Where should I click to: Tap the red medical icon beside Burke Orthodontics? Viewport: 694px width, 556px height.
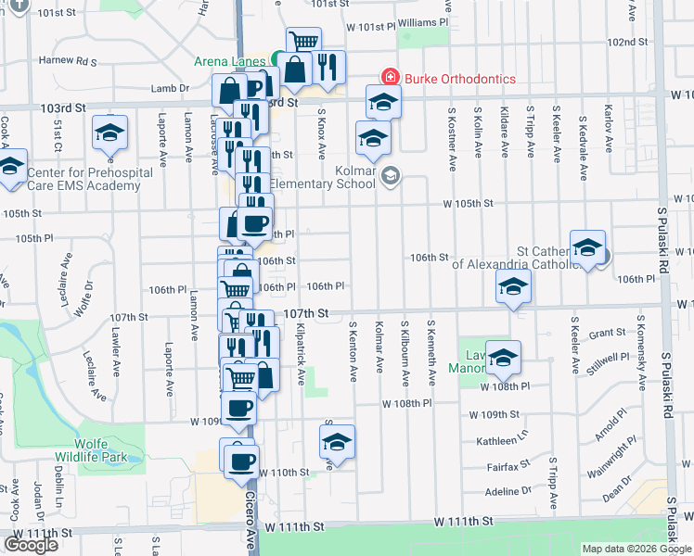391,79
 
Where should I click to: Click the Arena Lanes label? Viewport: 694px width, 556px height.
229,62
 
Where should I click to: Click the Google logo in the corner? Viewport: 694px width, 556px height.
31,544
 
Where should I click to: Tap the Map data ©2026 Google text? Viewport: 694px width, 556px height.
636,549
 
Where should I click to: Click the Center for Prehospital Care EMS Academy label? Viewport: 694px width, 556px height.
84,179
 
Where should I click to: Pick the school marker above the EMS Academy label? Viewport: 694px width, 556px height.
110,133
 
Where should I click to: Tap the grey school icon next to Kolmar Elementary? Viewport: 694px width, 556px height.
391,175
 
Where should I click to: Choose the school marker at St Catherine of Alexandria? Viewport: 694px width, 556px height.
587,247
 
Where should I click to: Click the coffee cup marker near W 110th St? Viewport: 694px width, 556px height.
241,460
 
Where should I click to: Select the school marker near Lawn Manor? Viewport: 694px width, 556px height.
503,358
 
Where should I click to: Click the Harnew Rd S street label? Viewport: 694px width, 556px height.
68,62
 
